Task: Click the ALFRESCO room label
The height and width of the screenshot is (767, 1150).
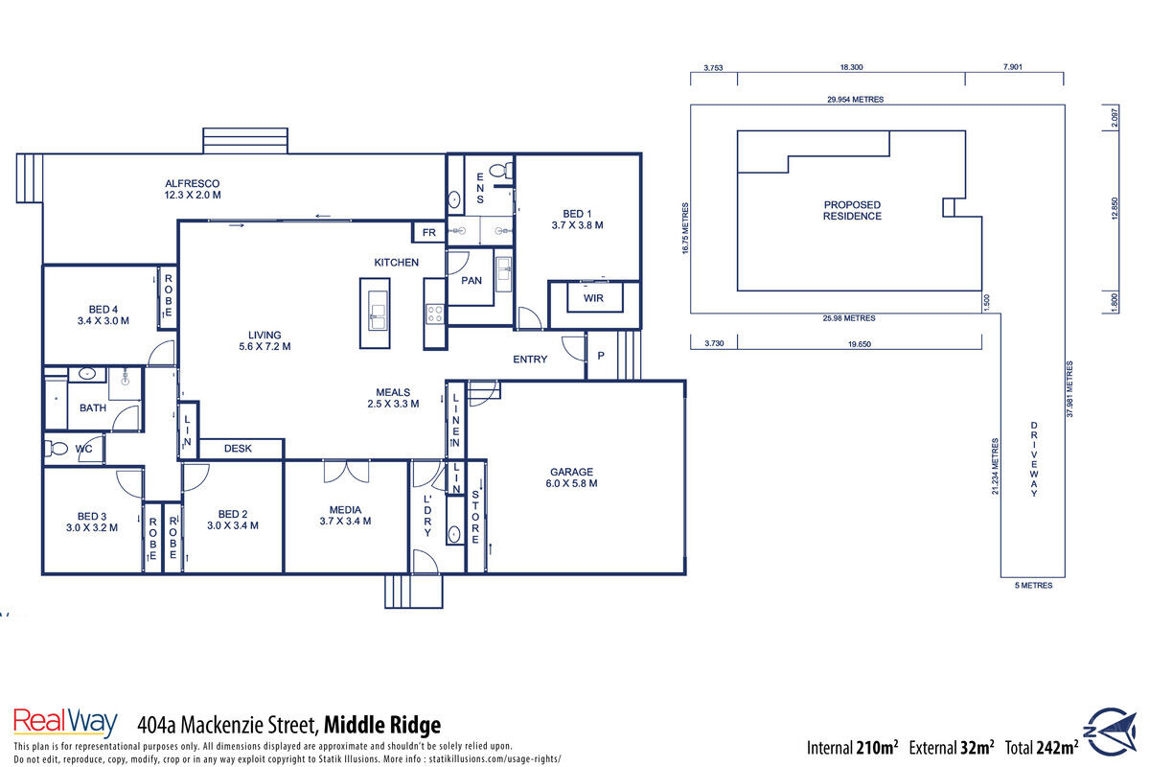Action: tap(193, 183)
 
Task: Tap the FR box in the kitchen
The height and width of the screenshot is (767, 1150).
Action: tap(428, 233)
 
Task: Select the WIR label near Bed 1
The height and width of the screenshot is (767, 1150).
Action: tap(593, 298)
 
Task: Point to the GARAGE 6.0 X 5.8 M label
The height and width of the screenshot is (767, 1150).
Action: tap(571, 477)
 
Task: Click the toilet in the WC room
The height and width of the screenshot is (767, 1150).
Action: tap(56, 449)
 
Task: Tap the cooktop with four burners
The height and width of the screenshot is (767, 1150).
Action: tap(435, 313)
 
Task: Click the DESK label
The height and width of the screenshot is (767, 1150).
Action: tap(238, 449)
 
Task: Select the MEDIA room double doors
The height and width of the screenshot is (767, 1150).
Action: tap(347, 472)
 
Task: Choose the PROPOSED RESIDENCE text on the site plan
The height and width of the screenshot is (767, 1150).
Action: tap(852, 211)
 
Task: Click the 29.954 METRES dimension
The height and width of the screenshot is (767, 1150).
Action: tap(855, 99)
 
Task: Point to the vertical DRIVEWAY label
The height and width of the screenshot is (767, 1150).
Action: tap(1033, 458)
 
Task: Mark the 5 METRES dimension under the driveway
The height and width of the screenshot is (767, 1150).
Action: tap(1033, 585)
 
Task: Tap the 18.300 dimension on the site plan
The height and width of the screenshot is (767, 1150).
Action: tap(851, 67)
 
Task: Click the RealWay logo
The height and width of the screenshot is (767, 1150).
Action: tap(65, 722)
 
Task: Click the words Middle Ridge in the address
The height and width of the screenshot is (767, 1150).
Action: tap(382, 725)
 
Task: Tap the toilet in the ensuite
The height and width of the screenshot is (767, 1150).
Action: tap(500, 170)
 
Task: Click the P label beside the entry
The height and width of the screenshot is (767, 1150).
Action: tap(601, 356)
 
